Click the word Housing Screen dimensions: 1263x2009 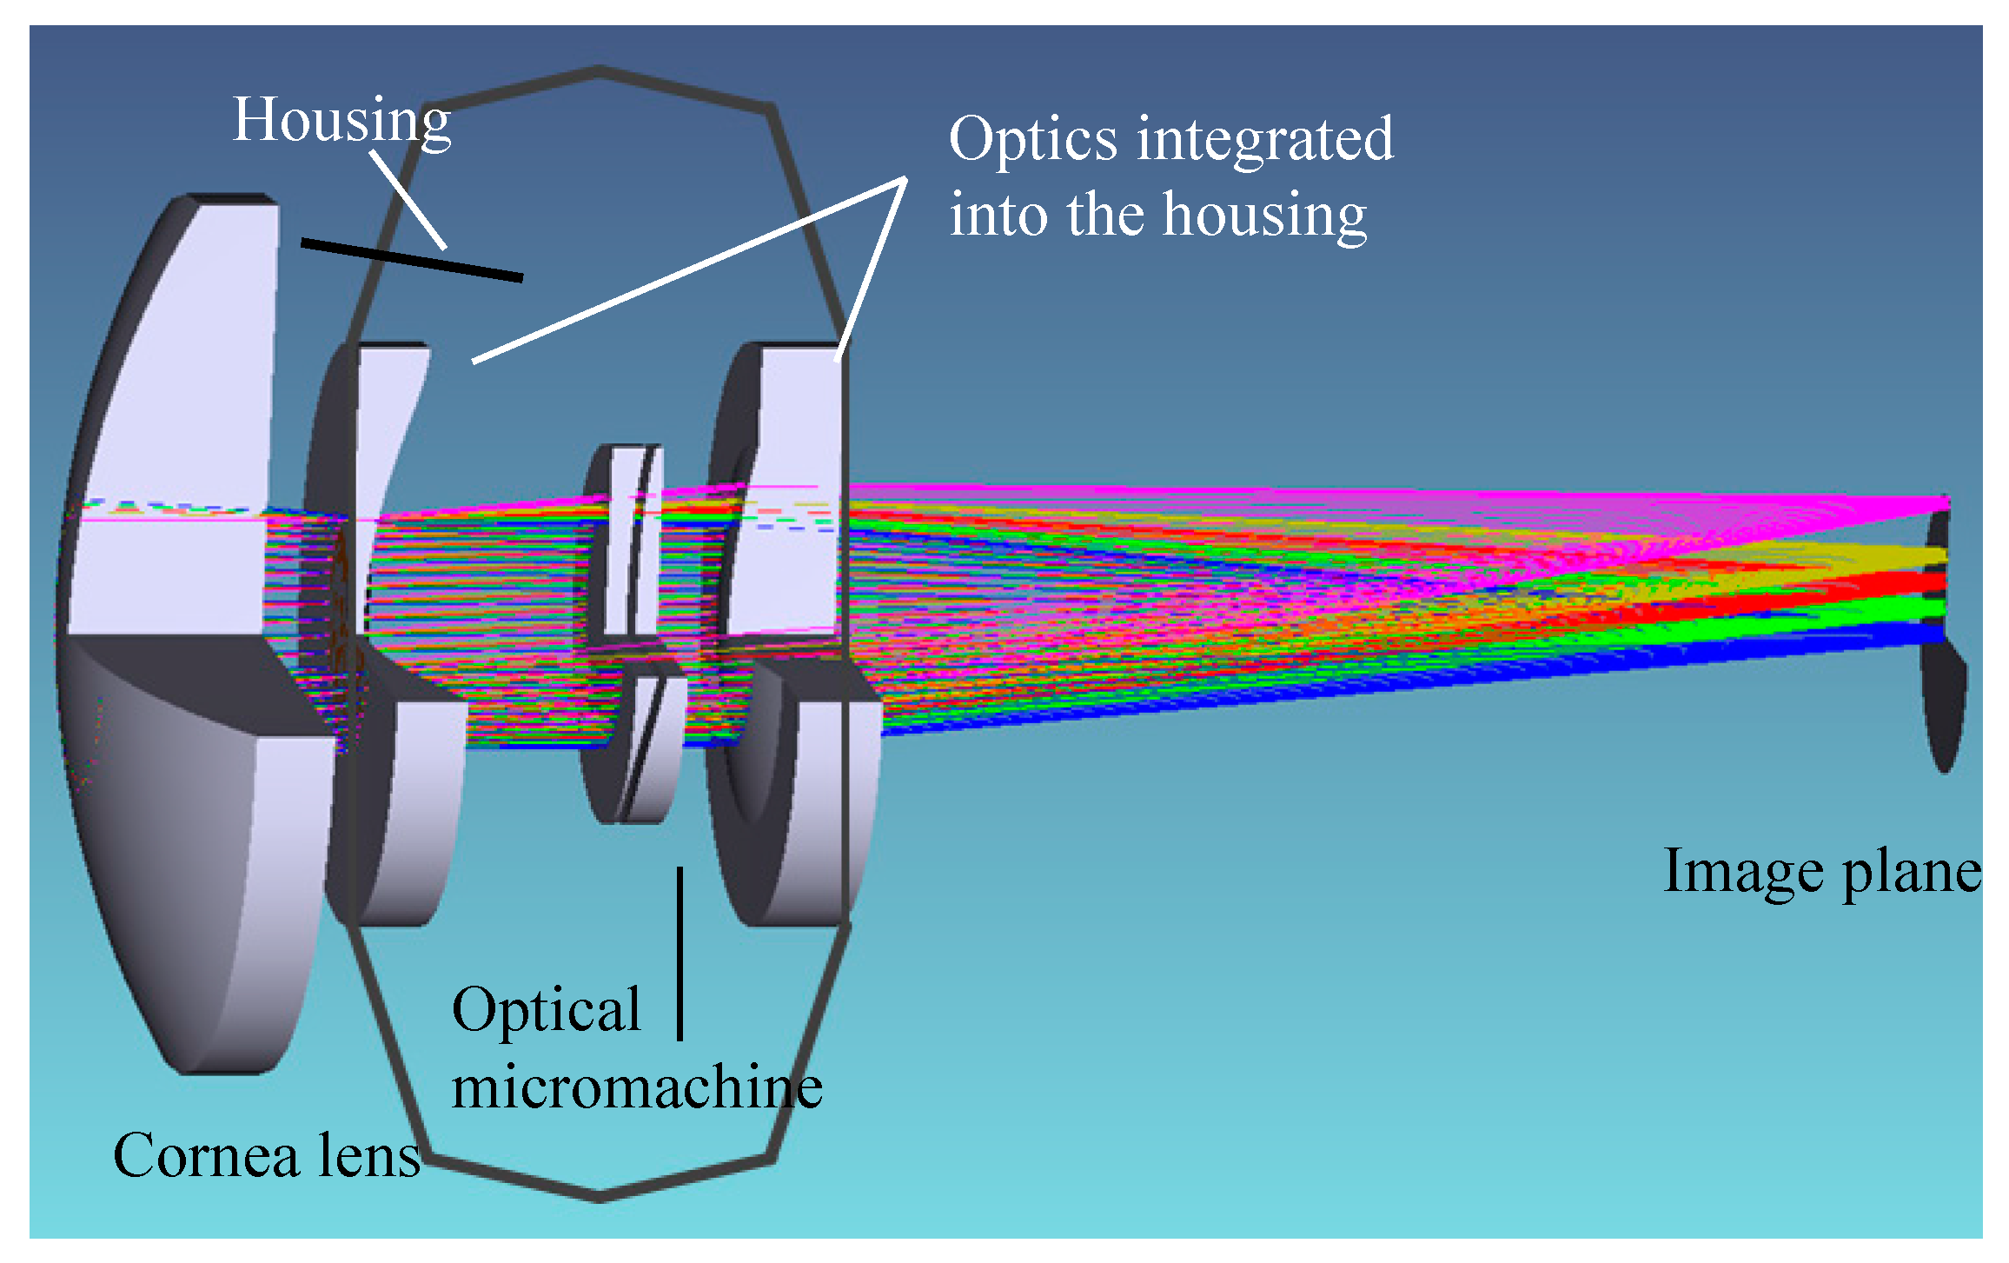coord(341,120)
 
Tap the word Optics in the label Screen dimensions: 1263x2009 coord(1032,139)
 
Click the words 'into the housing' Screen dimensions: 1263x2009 coord(1157,215)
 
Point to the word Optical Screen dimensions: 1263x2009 coord(546,1011)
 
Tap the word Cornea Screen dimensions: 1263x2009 coord(206,1156)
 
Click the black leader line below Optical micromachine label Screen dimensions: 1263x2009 coord(680,953)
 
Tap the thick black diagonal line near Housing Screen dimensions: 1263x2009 coord(412,260)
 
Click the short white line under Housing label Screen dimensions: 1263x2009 coord(408,200)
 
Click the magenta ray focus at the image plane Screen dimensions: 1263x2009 coord(1945,503)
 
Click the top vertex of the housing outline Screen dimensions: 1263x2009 coord(600,70)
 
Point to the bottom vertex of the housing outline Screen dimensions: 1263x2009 coord(600,1198)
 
